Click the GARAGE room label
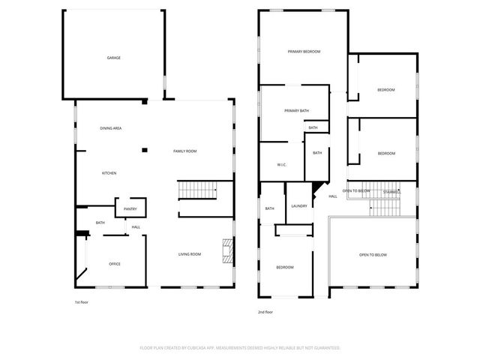(113, 58)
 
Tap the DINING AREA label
(111, 128)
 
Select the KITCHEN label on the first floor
(109, 173)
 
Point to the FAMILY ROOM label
(185, 151)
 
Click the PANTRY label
(130, 208)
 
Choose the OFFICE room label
(115, 264)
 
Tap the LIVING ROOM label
(190, 254)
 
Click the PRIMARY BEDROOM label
(304, 51)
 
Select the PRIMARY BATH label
(296, 111)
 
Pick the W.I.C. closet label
(282, 165)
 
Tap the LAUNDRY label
(299, 206)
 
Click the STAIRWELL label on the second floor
(391, 192)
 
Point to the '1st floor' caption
(82, 302)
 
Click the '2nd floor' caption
(266, 311)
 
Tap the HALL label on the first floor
(136, 227)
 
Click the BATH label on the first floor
(100, 223)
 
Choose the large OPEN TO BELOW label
(373, 255)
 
